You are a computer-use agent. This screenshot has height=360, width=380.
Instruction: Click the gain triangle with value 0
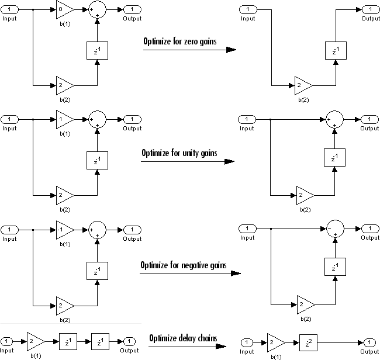click(x=64, y=10)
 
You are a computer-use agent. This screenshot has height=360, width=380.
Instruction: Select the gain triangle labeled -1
click(x=64, y=229)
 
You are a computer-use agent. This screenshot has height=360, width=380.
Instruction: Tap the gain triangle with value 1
click(x=64, y=119)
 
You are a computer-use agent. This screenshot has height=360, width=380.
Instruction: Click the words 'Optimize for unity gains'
click(x=179, y=153)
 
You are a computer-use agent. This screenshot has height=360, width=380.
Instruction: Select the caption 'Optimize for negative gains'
click(x=183, y=265)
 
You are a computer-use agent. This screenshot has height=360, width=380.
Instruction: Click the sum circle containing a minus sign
click(x=334, y=229)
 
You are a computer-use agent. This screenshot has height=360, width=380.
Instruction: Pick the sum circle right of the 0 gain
click(x=96, y=10)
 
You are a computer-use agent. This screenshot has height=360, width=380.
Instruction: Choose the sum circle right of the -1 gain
click(x=96, y=229)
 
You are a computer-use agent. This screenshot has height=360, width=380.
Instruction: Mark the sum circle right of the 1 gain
click(x=96, y=119)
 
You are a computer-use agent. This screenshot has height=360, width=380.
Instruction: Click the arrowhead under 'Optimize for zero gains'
click(x=231, y=50)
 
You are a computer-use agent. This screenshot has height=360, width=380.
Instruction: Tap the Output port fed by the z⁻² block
click(x=369, y=342)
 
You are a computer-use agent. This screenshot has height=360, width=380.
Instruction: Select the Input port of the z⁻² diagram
click(x=248, y=342)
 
